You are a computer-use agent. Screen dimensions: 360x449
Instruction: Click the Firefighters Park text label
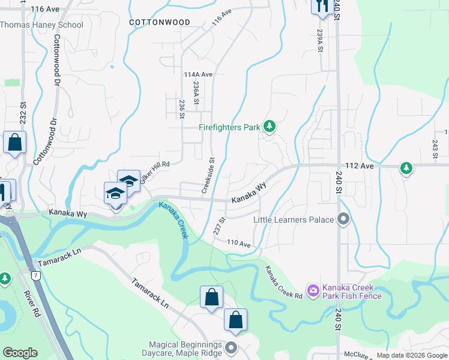point(230,127)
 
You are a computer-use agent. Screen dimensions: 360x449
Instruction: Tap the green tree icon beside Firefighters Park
point(270,126)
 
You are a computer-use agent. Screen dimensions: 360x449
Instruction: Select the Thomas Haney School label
point(41,25)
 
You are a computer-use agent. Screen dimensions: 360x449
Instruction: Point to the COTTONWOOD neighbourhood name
point(160,22)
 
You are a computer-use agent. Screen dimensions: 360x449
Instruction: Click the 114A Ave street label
point(199,74)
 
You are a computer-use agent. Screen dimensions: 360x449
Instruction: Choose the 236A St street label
point(196,95)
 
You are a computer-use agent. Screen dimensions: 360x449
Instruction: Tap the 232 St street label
point(23,112)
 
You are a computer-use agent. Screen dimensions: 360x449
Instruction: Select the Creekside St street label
point(212,175)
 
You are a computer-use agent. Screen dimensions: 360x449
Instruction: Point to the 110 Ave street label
point(238,243)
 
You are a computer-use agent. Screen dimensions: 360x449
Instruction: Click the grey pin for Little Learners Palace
point(343,219)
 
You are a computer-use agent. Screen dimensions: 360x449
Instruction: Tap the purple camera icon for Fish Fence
point(313,291)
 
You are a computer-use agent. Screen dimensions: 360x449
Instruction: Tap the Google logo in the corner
point(20,353)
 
